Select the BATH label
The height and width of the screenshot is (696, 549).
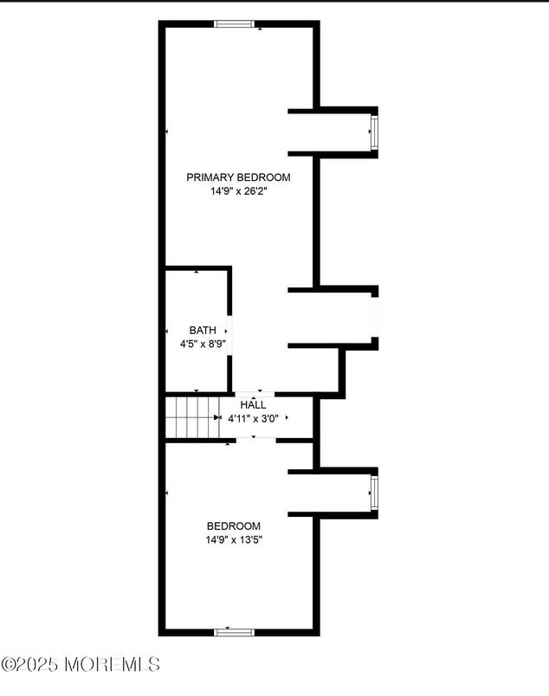(203, 330)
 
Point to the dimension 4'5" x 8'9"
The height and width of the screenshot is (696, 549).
(198, 344)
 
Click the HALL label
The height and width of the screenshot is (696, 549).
(253, 404)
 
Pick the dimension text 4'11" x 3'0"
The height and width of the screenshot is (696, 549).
(253, 418)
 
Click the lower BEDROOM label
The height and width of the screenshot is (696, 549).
(233, 525)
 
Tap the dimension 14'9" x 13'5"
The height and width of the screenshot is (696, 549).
(233, 539)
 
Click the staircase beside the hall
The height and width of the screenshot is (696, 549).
(190, 416)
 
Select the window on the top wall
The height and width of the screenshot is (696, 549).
(234, 23)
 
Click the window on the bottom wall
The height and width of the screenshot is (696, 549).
(234, 633)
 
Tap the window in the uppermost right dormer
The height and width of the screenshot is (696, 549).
(375, 132)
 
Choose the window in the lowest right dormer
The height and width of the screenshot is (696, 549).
(375, 493)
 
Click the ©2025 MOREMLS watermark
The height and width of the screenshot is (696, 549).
(81, 665)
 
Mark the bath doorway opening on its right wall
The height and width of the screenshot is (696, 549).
(229, 330)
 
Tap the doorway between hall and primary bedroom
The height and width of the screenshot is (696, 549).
(253, 394)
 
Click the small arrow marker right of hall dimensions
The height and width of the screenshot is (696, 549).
(287, 418)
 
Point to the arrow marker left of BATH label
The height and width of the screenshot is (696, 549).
(167, 332)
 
